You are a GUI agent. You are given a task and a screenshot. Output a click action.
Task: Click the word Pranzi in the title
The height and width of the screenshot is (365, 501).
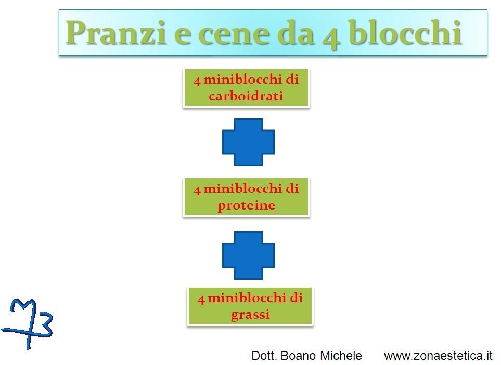[x=116, y=33]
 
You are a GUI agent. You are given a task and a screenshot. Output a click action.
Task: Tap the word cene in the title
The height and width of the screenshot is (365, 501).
[x=235, y=34]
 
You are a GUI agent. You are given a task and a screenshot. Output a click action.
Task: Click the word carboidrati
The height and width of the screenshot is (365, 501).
[x=246, y=96]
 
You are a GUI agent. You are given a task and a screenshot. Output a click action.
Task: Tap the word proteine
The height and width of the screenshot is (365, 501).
[x=246, y=205]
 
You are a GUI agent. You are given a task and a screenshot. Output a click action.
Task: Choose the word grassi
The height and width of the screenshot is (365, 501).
[x=250, y=315]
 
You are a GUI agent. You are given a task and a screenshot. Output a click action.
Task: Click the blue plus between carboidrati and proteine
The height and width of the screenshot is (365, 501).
[x=248, y=142]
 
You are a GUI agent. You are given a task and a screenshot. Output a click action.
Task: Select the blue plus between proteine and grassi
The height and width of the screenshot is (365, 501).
[x=248, y=255]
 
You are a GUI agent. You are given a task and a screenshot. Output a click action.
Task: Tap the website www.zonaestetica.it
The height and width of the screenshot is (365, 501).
[x=438, y=356]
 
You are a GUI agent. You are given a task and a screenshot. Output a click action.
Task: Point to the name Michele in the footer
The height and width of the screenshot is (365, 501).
[x=341, y=356]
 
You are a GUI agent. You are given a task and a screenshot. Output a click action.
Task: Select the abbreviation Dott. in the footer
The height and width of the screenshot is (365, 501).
[x=264, y=356]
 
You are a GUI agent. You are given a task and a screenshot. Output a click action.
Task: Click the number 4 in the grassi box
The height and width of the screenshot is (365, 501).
[x=201, y=299]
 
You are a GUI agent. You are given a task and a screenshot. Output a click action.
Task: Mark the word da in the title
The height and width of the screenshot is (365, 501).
[x=295, y=33]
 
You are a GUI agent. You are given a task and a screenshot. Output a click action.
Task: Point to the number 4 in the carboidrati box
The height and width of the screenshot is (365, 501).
[x=197, y=81]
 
